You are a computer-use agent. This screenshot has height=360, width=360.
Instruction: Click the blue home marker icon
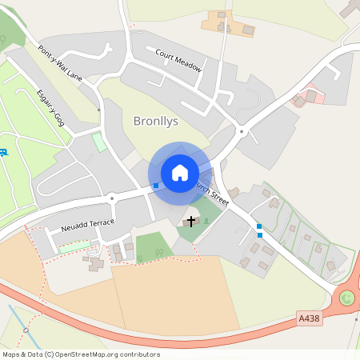coord(180,172)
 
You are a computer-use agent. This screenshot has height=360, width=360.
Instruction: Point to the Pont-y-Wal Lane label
coord(60,63)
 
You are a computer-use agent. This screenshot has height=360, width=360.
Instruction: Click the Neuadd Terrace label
coord(82,225)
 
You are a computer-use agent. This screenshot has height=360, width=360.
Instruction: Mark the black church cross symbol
coord(191,220)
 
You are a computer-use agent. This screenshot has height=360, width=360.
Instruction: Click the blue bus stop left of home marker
coord(156,186)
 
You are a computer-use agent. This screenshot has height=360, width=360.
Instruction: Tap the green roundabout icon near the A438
coord(346,298)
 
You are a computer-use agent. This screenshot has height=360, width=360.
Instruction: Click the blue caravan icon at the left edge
coord(4,152)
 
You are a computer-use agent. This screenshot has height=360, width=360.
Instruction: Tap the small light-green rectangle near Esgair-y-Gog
coord(99,142)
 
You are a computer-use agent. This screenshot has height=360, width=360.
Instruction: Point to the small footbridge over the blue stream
coord(26,328)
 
